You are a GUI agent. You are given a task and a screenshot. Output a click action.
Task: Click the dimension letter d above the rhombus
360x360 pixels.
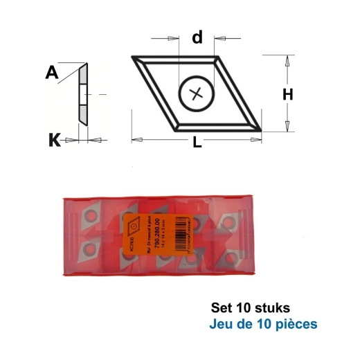point(198,37)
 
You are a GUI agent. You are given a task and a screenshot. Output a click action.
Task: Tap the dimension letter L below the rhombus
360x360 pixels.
point(197,144)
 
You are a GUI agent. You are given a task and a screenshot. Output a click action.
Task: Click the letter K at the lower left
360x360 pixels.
point(54,141)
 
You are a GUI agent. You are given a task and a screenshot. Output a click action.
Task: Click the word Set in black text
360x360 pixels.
point(219,307)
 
